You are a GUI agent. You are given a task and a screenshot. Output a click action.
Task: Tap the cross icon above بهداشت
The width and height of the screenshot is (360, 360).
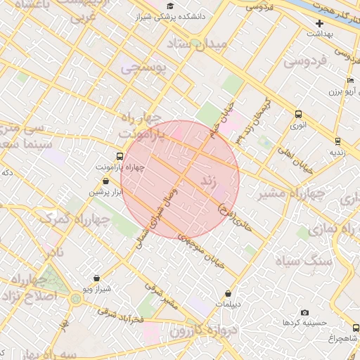pyautogui.click(x=319, y=23)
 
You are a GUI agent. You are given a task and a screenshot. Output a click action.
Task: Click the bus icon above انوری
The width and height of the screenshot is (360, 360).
pyautogui.click(x=299, y=115)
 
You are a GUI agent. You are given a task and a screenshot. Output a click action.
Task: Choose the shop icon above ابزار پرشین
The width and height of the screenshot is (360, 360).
pyautogui.click(x=105, y=181)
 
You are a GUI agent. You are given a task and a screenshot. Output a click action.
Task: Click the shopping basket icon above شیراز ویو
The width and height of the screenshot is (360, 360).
pyautogui.click(x=96, y=278)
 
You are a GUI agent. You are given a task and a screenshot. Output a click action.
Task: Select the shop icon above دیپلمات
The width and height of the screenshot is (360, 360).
pyautogui.click(x=228, y=294)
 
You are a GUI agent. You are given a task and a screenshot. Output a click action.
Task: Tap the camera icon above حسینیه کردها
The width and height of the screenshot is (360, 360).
pyautogui.click(x=304, y=312)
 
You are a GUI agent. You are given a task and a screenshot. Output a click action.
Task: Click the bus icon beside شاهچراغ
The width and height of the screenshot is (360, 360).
pyautogui.click(x=353, y=328)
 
